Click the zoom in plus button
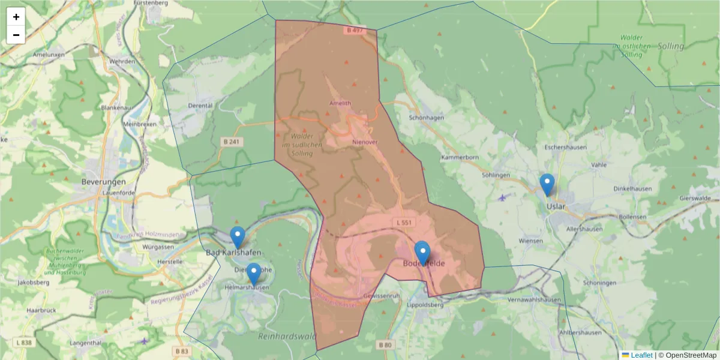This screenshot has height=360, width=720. pyautogui.click(x=16, y=17)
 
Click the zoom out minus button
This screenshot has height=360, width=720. pyautogui.click(x=16, y=35)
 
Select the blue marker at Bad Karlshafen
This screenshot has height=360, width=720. pyautogui.click(x=238, y=238)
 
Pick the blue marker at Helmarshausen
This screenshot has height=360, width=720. pyautogui.click(x=254, y=274)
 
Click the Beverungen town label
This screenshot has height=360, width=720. pyautogui.click(x=104, y=181)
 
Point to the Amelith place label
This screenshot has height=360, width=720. pyautogui.click(x=340, y=103)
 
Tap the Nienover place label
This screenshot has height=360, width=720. pyautogui.click(x=365, y=142)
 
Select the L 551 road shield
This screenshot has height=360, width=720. pyautogui.click(x=404, y=223)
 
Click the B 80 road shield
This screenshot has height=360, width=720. pyautogui.click(x=385, y=345)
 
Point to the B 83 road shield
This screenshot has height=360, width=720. pyautogui.click(x=182, y=350)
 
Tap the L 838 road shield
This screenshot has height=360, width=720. pyautogui.click(x=24, y=342)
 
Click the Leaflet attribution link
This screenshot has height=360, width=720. pyautogui.click(x=641, y=355)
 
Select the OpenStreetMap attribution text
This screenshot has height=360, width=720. pyautogui.click(x=687, y=355)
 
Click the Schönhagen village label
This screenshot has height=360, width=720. pyautogui.click(x=426, y=118)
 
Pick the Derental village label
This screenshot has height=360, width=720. pyautogui.click(x=200, y=106)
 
